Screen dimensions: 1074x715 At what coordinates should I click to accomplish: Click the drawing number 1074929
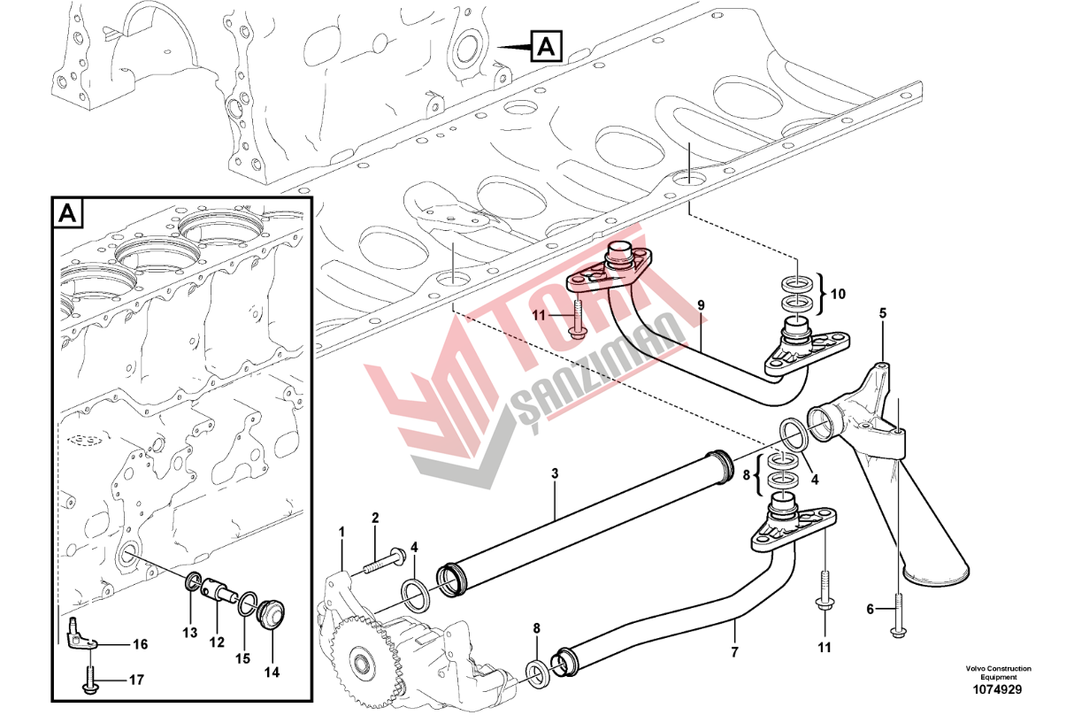(998, 690)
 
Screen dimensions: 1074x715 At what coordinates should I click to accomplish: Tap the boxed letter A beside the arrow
(546, 47)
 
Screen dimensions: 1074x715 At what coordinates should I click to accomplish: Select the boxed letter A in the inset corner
(67, 212)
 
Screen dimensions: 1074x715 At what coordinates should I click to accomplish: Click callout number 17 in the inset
(136, 680)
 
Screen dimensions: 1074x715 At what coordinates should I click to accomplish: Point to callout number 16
(140, 644)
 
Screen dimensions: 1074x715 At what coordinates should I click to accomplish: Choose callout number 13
(190, 633)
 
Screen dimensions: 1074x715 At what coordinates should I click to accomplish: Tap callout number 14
(272, 673)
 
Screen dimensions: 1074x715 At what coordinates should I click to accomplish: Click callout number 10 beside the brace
(838, 294)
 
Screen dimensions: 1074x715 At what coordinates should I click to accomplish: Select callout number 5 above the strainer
(883, 313)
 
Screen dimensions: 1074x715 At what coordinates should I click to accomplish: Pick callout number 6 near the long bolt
(871, 609)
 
